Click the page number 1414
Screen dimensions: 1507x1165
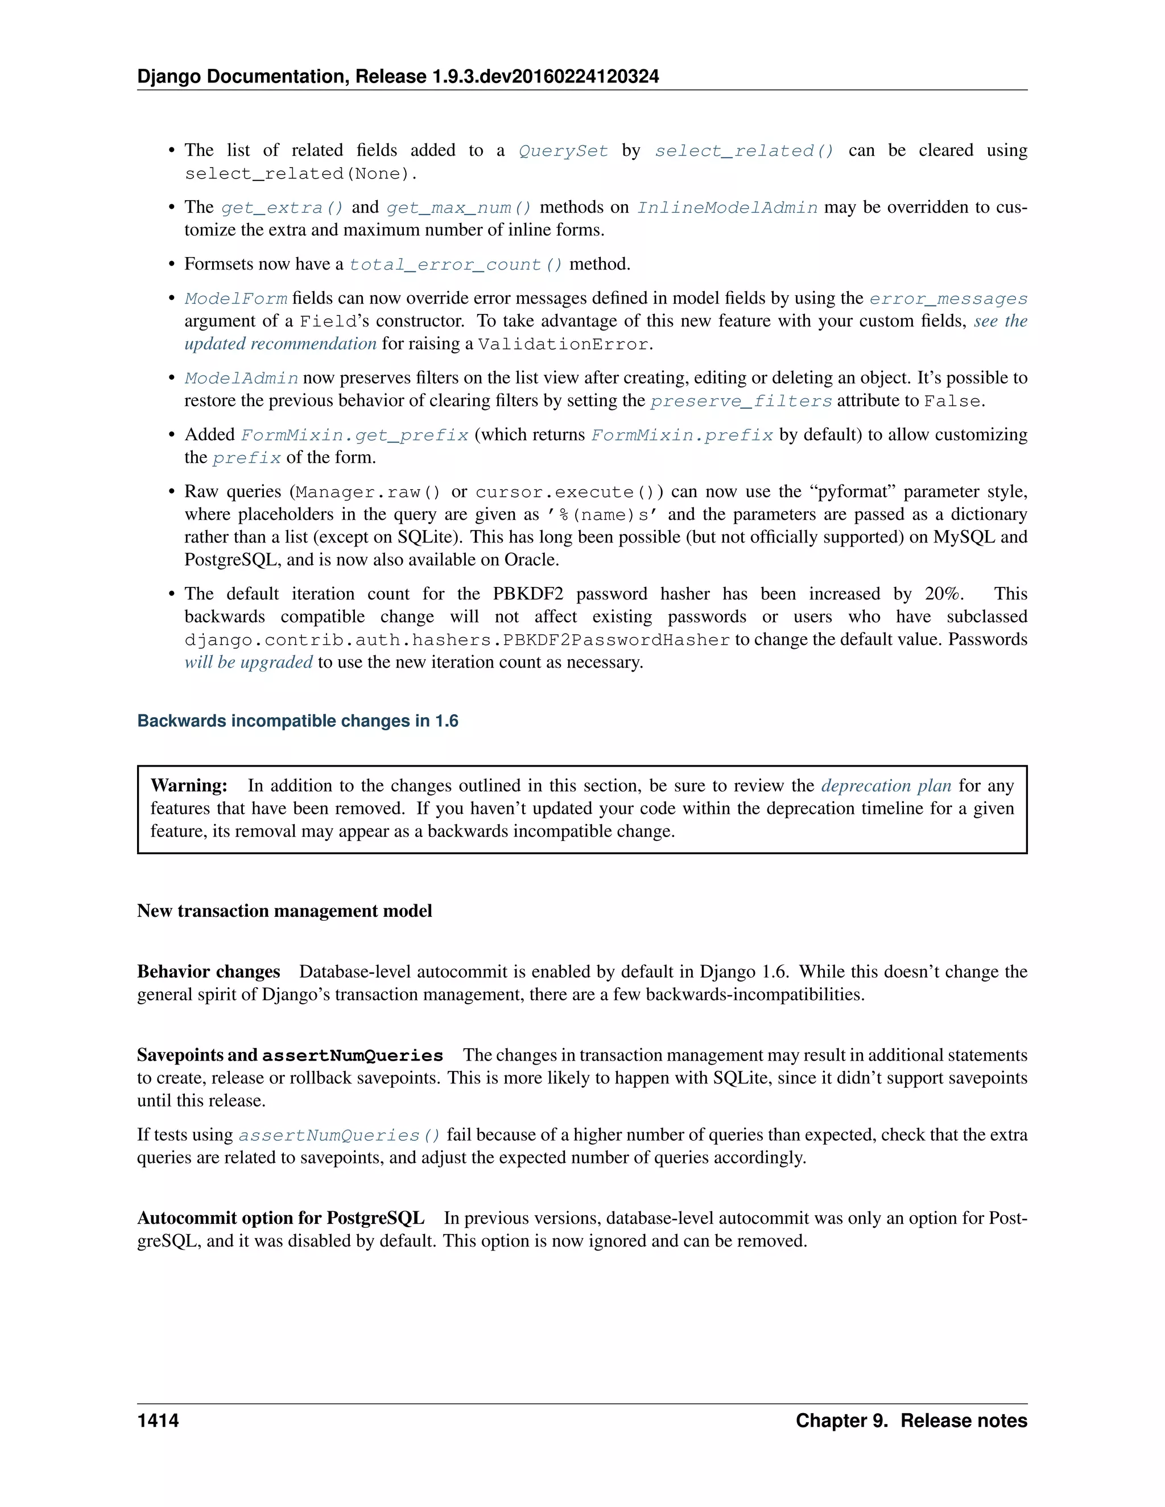tap(158, 1421)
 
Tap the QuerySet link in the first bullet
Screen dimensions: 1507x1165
tap(563, 151)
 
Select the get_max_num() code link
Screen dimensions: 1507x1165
tap(459, 208)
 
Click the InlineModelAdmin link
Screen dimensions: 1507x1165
tap(727, 208)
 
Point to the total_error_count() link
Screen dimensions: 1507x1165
tap(456, 264)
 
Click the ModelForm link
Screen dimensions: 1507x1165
tap(236, 299)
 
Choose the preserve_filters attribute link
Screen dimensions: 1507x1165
tap(741, 401)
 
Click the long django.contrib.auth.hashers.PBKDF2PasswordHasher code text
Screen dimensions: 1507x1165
tap(457, 640)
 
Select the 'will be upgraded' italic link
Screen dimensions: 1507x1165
tap(249, 663)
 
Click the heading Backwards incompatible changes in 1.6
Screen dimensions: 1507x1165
tap(298, 721)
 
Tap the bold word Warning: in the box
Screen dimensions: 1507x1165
tap(189, 786)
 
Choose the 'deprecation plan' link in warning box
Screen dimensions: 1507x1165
tap(886, 786)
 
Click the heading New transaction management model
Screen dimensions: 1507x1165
tap(284, 911)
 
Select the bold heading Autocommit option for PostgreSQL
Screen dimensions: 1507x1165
tap(280, 1218)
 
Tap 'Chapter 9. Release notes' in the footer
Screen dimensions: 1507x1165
tap(911, 1421)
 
